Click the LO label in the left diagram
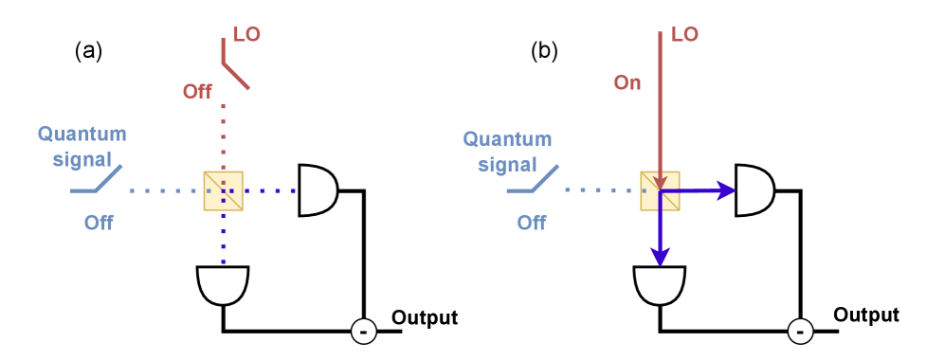pos(246,35)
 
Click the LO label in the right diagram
pos(684,35)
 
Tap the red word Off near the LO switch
pos(198,92)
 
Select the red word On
pos(627,83)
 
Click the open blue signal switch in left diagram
pos(97,180)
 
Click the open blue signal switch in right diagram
pos(532,180)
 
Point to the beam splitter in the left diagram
pos(224,190)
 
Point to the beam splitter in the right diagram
pos(660,190)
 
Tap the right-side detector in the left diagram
pos(318,190)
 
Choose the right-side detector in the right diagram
pos(754,190)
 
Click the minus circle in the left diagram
pos(364,332)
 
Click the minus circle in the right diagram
pos(800,332)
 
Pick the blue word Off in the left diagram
pos(99,224)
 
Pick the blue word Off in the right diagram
pos(532,224)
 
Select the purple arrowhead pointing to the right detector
pos(727,191)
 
